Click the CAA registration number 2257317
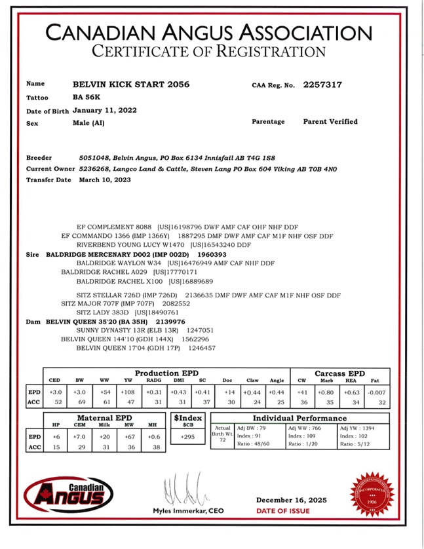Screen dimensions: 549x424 (x=321, y=85)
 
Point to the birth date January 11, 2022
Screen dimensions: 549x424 (x=105, y=110)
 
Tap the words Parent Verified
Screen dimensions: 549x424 (x=330, y=122)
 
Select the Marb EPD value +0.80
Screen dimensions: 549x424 (x=327, y=392)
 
